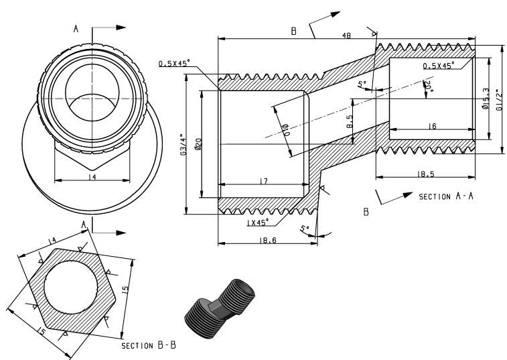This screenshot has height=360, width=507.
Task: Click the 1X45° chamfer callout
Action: pyautogui.click(x=257, y=221)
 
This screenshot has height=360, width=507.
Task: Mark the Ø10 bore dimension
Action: pyautogui.click(x=284, y=127)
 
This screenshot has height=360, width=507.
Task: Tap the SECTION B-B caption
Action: pyautogui.click(x=148, y=347)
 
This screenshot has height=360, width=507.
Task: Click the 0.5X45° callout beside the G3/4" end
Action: pyautogui.click(x=174, y=63)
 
